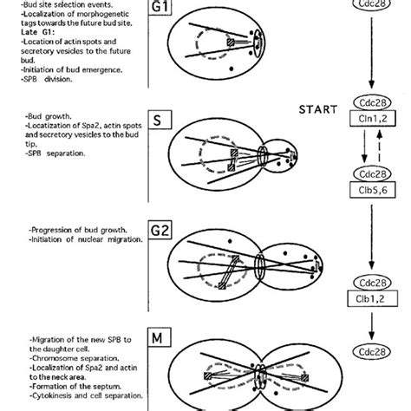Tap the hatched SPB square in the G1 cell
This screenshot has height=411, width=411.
point(232,41)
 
